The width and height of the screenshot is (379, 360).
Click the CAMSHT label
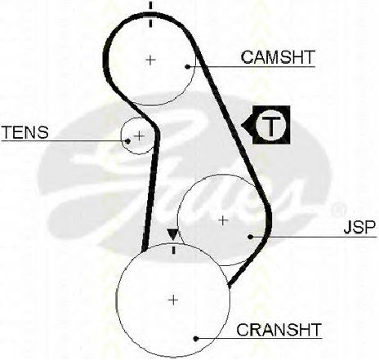278,57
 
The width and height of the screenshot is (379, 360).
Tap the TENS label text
25,132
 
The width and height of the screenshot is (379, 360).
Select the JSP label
359,228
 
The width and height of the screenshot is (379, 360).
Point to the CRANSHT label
279,330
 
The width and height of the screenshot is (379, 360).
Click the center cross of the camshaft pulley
150,60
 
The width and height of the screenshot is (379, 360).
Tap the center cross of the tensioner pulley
139,136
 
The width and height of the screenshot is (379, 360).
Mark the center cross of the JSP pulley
223,220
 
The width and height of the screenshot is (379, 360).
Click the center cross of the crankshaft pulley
173,300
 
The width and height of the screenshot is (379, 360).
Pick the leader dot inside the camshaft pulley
187,66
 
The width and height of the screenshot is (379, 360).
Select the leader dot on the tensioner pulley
127,141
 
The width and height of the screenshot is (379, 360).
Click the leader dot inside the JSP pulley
251,237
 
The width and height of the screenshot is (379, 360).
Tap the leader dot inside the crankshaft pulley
195,339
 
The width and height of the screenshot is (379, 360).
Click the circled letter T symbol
271,125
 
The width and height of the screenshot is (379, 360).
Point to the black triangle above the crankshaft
172,234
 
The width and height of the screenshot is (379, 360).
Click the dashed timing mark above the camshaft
150,14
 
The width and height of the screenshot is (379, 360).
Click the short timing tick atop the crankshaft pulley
173,249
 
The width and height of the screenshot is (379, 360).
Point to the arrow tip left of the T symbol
242,125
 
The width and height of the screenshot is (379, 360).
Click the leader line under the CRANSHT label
259,339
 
